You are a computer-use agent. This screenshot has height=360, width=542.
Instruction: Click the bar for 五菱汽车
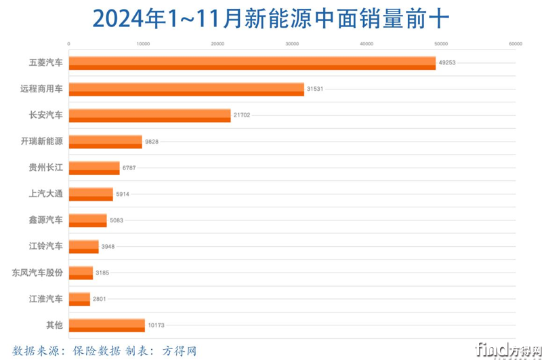252,63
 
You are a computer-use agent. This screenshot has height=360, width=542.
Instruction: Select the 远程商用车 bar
186,89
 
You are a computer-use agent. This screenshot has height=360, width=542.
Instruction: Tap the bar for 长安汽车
150,115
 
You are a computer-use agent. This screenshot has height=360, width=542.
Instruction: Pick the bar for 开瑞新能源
106,142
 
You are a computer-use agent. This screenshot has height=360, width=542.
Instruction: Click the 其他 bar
107,325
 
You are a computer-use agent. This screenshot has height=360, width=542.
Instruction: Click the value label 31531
316,89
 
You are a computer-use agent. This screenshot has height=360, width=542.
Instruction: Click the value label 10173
157,325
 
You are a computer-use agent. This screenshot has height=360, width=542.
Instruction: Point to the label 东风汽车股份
38,273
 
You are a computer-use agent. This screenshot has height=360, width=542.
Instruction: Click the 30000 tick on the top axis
292,44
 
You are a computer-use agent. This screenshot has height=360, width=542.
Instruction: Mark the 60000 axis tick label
515,44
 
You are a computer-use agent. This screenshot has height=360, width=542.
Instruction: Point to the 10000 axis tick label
143,44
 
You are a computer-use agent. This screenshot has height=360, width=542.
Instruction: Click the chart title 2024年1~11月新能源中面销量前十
270,18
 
